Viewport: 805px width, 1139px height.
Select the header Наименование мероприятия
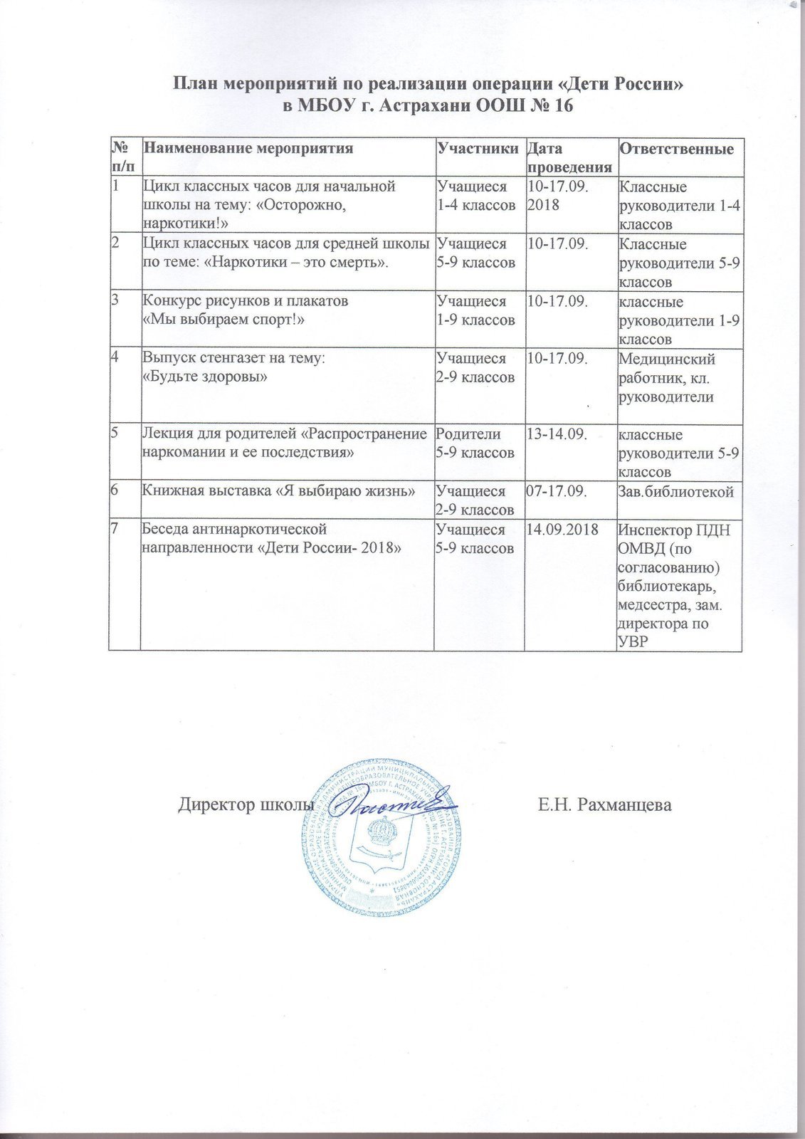(248, 149)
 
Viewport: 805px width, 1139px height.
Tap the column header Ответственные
(677, 149)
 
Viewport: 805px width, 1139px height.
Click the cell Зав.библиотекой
(677, 491)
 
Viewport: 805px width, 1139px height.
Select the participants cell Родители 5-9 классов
(475, 443)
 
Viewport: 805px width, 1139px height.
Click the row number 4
(115, 358)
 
